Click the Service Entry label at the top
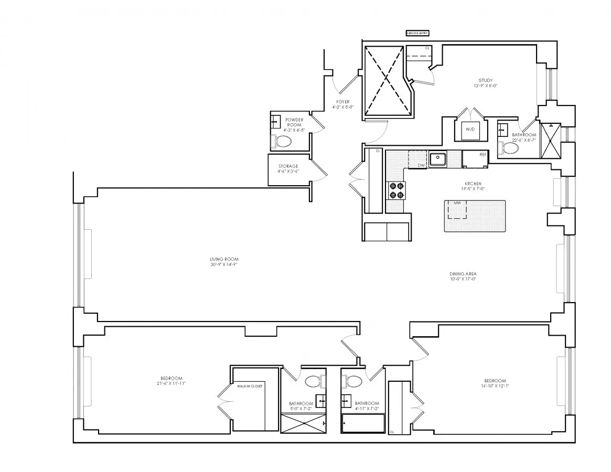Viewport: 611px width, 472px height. pos(417,33)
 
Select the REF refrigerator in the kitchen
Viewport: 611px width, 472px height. pos(476,159)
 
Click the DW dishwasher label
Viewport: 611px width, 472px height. pos(421,165)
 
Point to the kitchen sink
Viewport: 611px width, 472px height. pos(437,158)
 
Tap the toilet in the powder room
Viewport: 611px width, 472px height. pos(283,141)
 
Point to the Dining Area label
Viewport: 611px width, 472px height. pos(463,274)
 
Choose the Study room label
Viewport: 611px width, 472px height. pos(485,80)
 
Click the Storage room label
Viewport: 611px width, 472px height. pos(288,166)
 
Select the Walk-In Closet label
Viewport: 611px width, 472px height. pos(250,386)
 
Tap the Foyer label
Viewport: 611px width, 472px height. pos(343,102)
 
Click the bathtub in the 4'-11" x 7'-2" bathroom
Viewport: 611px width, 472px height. pos(363,423)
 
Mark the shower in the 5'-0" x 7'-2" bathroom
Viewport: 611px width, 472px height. pos(303,423)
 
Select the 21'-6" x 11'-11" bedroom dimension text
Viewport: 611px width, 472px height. pos(171,384)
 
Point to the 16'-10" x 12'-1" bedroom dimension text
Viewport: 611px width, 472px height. pos(495,386)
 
